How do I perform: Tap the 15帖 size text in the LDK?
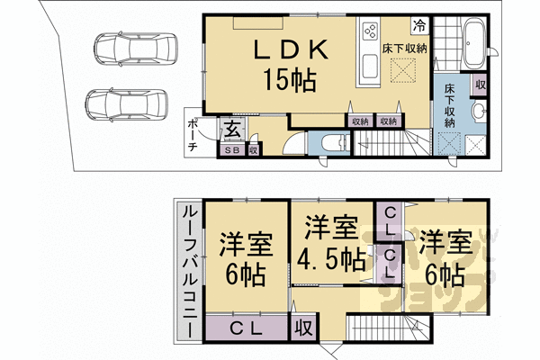point(288,81)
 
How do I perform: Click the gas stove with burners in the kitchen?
point(370,33)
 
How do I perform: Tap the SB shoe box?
point(232,151)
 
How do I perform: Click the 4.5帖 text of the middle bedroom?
point(332,259)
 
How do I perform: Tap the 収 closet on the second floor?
point(301,327)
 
